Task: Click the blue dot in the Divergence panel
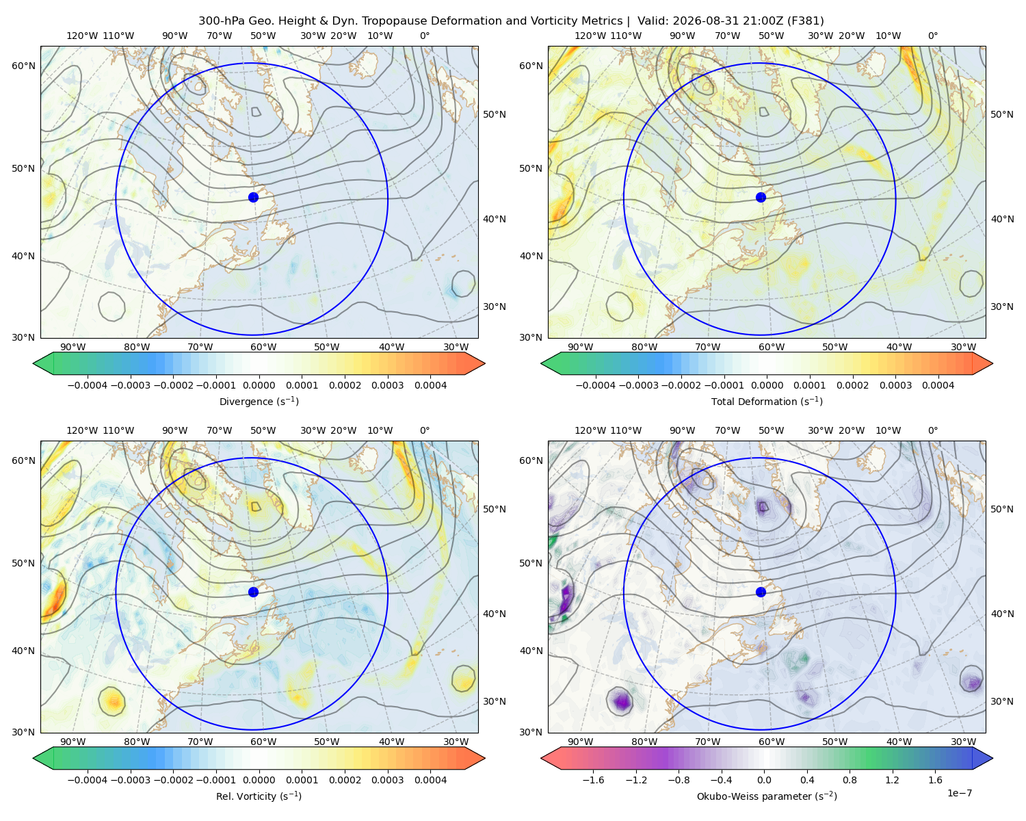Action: (x=253, y=197)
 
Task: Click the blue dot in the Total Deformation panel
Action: (x=761, y=197)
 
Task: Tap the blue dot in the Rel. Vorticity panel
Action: (x=253, y=592)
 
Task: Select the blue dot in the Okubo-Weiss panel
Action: (x=761, y=592)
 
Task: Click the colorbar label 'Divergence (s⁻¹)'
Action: (x=259, y=402)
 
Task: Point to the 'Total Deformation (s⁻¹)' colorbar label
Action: (x=767, y=402)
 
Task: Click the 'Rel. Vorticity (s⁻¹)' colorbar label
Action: (x=259, y=796)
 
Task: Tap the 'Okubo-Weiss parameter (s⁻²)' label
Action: (x=767, y=796)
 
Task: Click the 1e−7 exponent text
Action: (x=959, y=793)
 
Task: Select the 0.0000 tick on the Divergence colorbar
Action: (x=259, y=385)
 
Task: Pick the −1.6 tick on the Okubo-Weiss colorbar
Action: (x=593, y=780)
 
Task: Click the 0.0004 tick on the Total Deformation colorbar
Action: (x=938, y=385)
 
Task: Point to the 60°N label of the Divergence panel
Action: (x=23, y=66)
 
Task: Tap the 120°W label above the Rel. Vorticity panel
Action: (x=82, y=430)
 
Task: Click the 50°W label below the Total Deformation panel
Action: (x=834, y=348)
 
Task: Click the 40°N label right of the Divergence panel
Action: (x=495, y=219)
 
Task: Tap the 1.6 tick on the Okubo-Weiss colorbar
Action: (x=935, y=780)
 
